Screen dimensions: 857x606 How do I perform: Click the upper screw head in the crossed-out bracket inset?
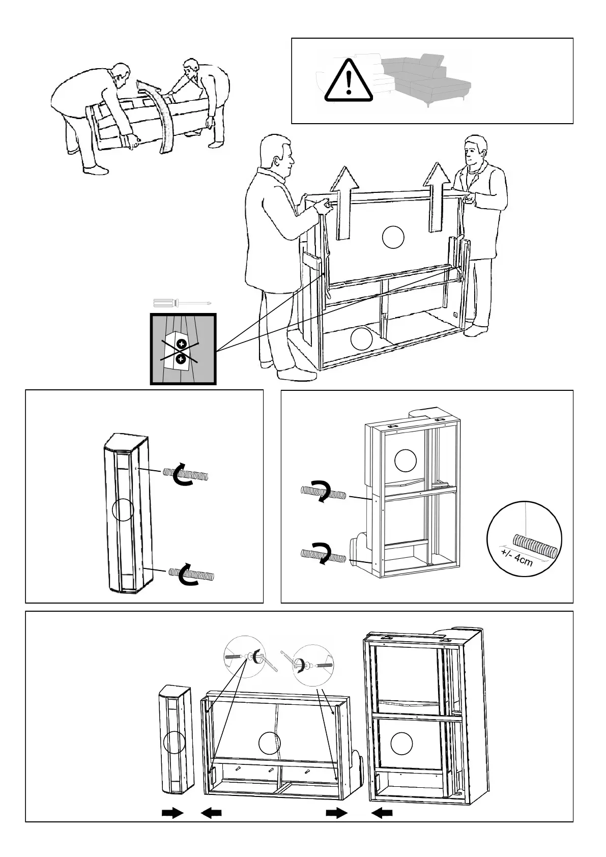(182, 344)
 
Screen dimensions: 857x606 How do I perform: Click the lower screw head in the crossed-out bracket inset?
(181, 360)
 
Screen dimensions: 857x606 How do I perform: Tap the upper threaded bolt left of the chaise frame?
(323, 493)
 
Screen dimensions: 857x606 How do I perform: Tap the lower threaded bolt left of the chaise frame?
(323, 555)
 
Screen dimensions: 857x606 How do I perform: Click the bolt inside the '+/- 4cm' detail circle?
(535, 545)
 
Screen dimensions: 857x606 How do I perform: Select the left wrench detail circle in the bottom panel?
(245, 656)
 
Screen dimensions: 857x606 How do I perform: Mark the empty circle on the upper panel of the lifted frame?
(393, 238)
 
